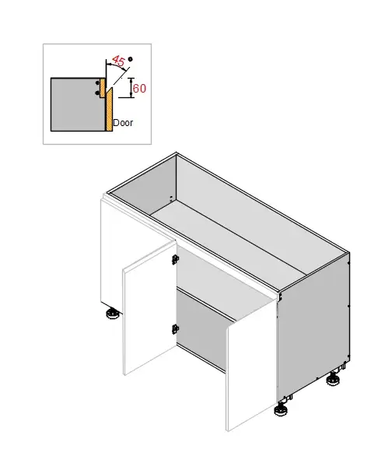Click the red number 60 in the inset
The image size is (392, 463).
pos(139,89)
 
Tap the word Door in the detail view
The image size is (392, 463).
pos(123,123)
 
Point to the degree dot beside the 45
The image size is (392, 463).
pos(131,59)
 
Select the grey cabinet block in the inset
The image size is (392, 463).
pos(76,104)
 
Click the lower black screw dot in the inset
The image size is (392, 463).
pos(99,93)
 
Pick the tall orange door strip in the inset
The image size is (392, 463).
pos(108,105)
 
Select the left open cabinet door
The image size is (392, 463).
pos(148,311)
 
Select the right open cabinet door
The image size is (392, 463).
pos(250,366)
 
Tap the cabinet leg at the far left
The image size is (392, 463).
pos(111,314)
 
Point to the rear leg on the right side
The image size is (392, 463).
pos(335,379)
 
